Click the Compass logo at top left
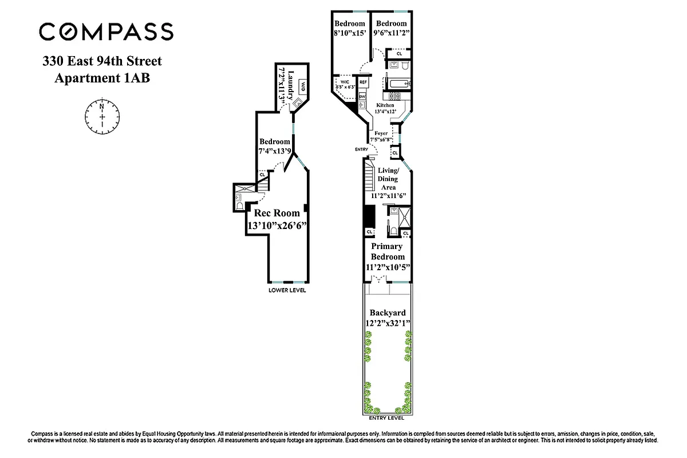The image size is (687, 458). click(x=106, y=31)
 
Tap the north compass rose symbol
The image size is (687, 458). click(x=102, y=116)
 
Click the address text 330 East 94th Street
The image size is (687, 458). click(x=102, y=61)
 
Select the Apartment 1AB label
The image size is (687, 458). click(x=102, y=78)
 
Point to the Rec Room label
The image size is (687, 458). click(x=278, y=213)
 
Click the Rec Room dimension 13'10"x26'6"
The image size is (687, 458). click(x=278, y=226)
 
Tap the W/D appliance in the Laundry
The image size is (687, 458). click(x=302, y=86)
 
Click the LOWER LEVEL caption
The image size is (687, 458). click(x=287, y=290)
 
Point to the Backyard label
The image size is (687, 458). click(x=388, y=313)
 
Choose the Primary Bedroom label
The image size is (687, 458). click(x=388, y=252)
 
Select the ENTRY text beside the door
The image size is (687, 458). click(x=362, y=149)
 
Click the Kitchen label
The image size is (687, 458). click(x=385, y=106)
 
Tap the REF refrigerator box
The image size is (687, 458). click(x=363, y=82)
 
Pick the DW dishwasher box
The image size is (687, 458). click(x=362, y=97)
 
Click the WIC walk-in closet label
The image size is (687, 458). click(x=345, y=82)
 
